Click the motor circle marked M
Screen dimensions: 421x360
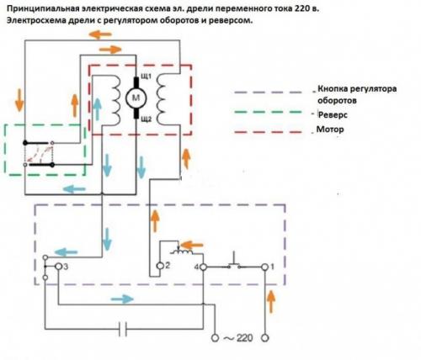(136, 98)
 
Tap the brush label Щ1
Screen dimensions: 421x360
(146, 77)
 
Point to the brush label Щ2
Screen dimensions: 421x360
(146, 119)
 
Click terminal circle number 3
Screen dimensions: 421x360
(58, 267)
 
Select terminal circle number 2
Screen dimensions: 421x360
(160, 266)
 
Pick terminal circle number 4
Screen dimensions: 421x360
(203, 267)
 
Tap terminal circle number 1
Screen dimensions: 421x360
(264, 267)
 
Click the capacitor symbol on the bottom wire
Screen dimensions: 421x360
(123, 329)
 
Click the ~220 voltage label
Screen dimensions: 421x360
(238, 338)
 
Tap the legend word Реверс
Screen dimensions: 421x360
(333, 114)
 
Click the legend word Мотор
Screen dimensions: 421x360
(330, 130)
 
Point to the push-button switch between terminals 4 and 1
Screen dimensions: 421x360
(234, 262)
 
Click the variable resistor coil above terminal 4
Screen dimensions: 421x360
(183, 251)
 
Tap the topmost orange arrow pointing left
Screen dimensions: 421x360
(100, 34)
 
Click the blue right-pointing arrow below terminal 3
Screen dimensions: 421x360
(122, 299)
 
